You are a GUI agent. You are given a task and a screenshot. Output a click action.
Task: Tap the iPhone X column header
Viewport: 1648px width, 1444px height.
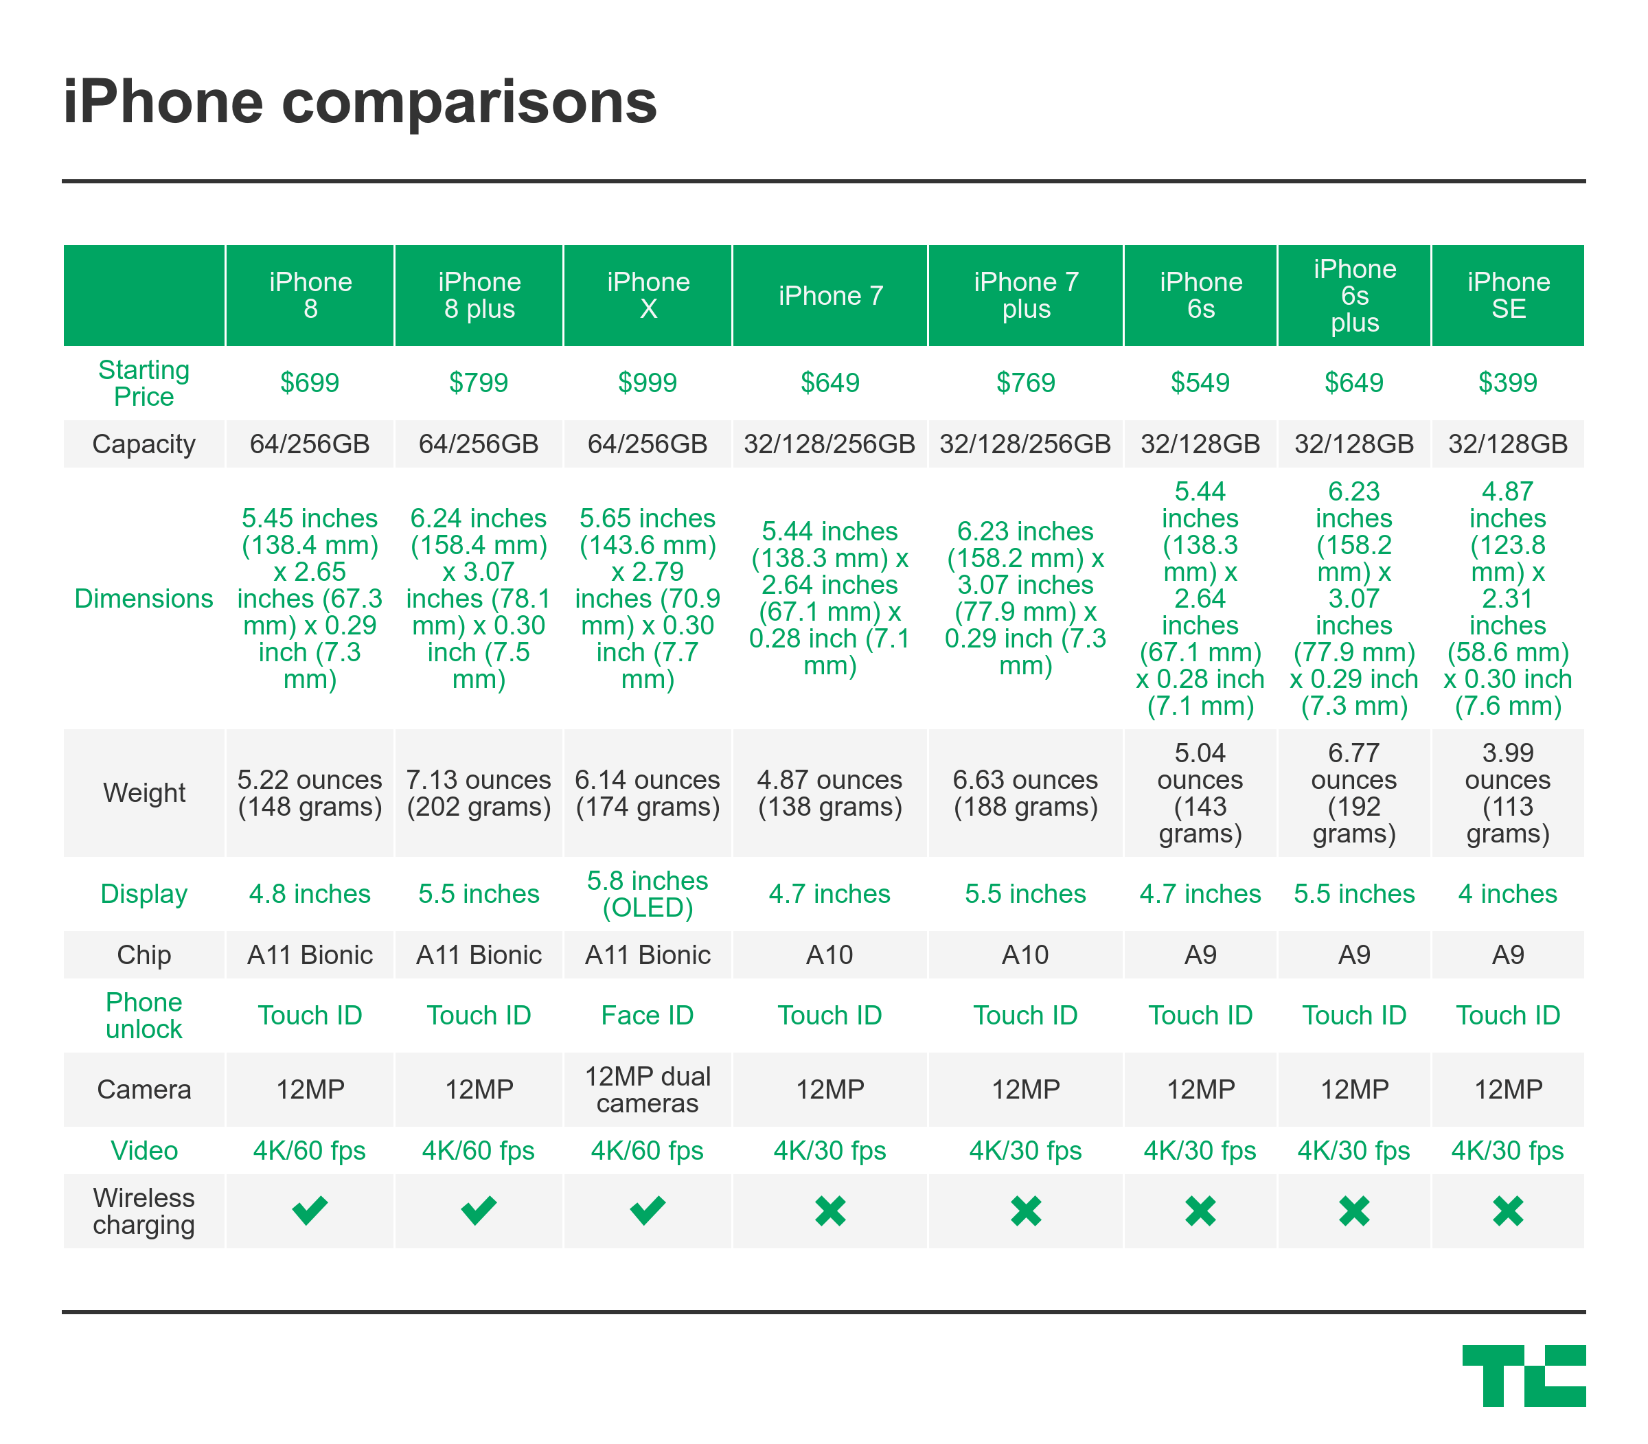648,296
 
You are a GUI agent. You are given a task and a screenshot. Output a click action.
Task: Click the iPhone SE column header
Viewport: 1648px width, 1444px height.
1508,296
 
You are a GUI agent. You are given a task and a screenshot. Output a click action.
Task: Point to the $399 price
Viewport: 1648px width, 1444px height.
1507,382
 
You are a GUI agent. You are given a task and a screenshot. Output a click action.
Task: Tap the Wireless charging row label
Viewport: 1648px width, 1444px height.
144,1211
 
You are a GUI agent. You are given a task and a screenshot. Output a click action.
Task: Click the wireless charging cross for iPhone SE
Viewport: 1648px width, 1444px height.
1507,1211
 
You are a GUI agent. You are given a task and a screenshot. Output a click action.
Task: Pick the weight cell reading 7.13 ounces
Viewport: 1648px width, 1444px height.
479,793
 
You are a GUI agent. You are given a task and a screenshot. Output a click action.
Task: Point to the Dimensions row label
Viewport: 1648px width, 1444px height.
144,599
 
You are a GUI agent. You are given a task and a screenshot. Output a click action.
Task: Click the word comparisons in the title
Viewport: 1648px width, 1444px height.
469,102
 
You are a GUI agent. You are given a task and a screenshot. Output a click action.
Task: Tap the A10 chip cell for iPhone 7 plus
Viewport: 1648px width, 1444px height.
1025,955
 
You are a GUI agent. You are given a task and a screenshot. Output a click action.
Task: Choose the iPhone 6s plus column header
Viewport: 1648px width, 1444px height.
1354,296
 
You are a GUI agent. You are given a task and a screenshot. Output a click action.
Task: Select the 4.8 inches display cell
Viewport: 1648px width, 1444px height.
310,893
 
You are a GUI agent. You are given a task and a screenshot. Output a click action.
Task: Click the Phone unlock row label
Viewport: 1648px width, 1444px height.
144,1016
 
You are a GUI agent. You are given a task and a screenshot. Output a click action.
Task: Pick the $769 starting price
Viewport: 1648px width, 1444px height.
1025,382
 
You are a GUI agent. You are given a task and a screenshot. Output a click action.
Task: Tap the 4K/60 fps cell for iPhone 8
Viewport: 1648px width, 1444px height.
310,1151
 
